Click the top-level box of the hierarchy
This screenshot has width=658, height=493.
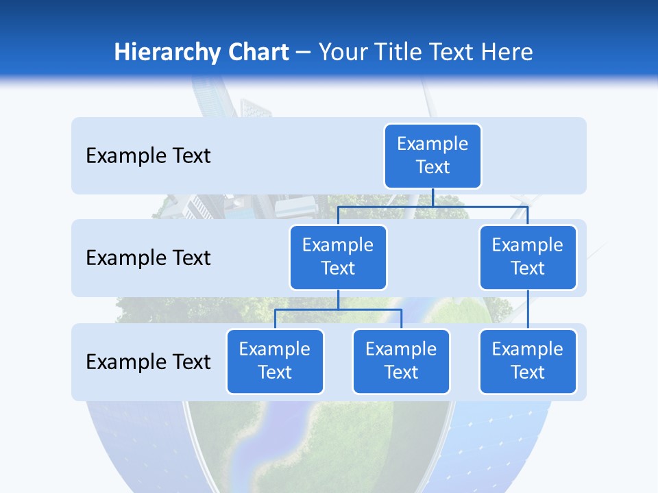coord(432,156)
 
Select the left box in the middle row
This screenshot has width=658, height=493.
coord(338,257)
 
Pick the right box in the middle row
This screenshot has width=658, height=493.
coord(528,257)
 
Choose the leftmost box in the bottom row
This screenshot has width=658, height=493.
coord(275,361)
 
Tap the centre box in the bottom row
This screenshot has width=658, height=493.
coord(401,361)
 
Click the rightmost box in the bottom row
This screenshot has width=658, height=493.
coord(528,361)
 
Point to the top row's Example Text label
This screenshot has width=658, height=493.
coord(148,156)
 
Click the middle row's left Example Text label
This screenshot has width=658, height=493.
coord(148,258)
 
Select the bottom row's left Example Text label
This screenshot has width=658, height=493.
coord(148,362)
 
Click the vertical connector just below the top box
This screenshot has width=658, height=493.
coord(432,197)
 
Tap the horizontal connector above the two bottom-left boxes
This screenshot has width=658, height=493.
coord(338,309)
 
